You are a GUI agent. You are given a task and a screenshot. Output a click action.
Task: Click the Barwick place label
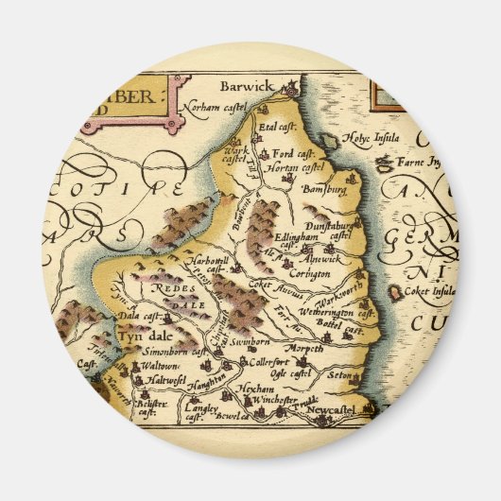pyautogui.click(x=246, y=86)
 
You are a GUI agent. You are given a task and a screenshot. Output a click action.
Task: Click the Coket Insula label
pyautogui.click(x=431, y=291)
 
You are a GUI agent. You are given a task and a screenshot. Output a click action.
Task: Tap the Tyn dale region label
pyautogui.click(x=142, y=336)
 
